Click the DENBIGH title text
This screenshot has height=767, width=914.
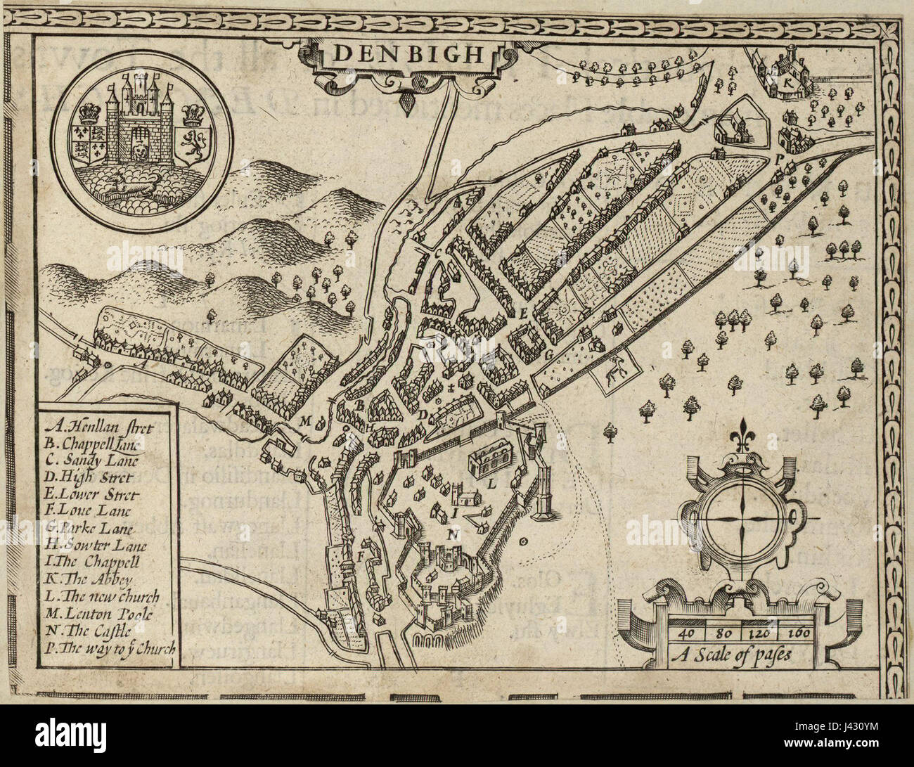(408, 53)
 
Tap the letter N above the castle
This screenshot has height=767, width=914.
(451, 534)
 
